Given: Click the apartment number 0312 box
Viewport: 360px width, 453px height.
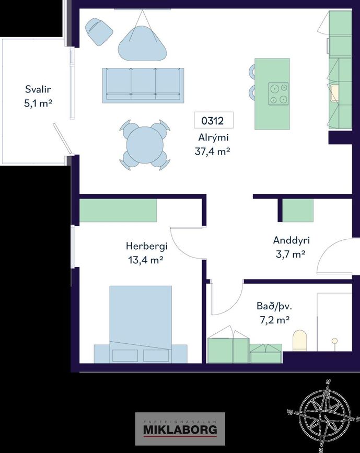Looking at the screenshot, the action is point(214,120).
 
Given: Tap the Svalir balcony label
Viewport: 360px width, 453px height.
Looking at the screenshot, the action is point(38,89).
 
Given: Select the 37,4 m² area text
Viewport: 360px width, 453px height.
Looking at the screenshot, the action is point(212,151).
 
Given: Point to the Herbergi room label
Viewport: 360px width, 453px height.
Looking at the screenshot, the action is point(146,246).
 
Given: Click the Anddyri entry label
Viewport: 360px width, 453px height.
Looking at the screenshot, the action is point(291,240).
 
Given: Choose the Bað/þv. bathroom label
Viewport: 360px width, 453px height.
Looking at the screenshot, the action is point(274,306).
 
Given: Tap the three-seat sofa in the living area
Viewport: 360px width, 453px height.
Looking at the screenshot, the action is point(143,85).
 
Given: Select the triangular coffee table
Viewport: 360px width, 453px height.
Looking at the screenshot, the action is point(143,43).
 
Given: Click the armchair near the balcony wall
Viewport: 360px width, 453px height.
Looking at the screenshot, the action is point(99,31).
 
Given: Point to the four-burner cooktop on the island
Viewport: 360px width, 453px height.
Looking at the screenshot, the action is point(278,94).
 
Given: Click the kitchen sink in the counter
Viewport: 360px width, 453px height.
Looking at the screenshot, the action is point(335,93).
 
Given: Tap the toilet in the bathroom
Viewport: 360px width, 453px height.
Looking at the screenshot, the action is point(300,341).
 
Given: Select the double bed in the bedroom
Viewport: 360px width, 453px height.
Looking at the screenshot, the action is point(141,324).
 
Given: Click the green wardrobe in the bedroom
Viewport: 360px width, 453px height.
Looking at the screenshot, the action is point(118,211).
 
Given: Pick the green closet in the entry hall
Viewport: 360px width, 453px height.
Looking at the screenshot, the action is point(298,211).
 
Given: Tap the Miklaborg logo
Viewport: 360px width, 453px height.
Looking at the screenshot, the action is point(180,429).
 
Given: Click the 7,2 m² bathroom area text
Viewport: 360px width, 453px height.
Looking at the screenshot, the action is point(274,320).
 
